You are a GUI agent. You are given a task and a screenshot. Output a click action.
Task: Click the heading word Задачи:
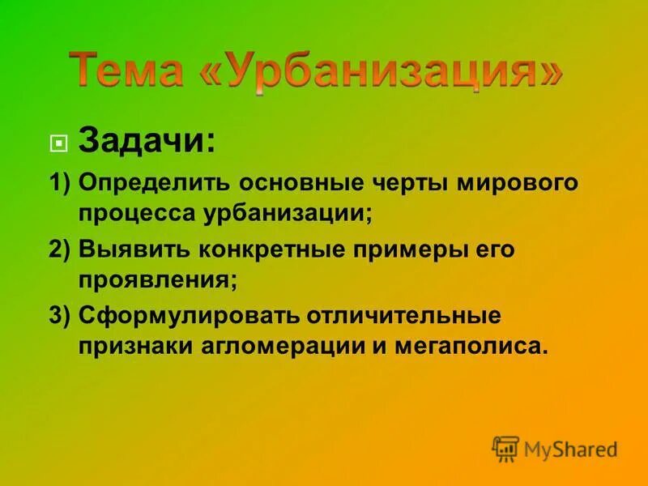point(147,143)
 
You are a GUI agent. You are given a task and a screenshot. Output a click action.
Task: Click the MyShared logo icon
point(505,448)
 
